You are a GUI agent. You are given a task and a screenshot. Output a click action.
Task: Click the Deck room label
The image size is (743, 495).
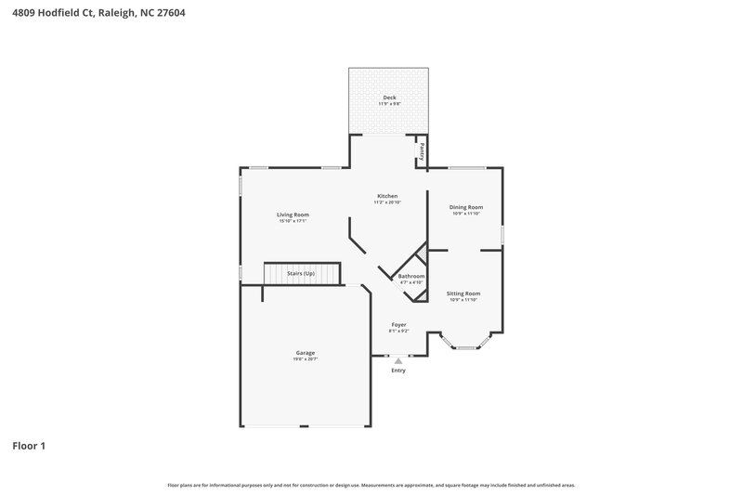coord(388,97)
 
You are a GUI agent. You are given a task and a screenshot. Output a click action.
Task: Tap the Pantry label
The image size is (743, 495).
coord(422,150)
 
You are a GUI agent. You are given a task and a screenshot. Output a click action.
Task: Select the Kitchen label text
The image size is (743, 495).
coord(387,196)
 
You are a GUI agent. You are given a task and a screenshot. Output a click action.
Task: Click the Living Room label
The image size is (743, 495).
coord(293,215)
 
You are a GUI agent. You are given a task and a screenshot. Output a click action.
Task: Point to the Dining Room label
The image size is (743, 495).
coord(465,207)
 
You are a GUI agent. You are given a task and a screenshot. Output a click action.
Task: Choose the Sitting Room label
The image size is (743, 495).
coord(463,293)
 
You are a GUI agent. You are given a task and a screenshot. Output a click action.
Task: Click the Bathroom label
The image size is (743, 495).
coord(411,276)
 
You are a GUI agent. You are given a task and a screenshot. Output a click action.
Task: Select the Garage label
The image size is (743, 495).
coord(305,353)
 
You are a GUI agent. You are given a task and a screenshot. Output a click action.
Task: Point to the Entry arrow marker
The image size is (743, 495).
coord(398,360)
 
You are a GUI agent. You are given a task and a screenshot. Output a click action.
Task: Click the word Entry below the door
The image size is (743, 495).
coord(398,371)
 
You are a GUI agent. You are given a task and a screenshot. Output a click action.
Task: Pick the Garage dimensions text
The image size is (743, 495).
coord(305,359)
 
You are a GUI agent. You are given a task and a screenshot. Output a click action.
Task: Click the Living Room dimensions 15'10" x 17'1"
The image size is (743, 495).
coord(293,221)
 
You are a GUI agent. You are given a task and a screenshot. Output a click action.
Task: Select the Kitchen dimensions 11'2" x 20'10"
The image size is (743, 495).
coord(387,202)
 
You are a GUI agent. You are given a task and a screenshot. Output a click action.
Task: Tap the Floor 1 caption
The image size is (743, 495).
coord(29,446)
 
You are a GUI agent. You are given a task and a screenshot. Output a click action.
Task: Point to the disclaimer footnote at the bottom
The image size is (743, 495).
coord(371,485)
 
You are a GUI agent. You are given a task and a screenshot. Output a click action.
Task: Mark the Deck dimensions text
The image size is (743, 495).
coord(388,104)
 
